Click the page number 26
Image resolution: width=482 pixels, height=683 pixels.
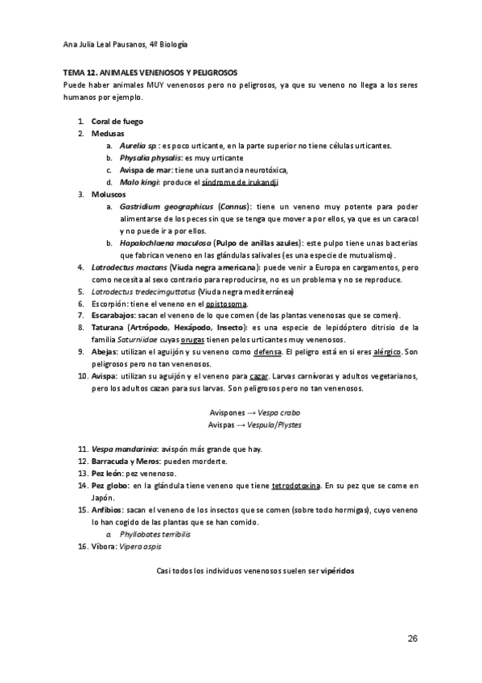[x=412, y=639]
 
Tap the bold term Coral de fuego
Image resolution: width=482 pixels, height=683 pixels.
[x=117, y=121]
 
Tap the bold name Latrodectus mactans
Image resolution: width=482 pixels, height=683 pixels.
[x=123, y=267]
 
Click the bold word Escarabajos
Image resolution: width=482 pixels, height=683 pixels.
[x=113, y=316]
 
